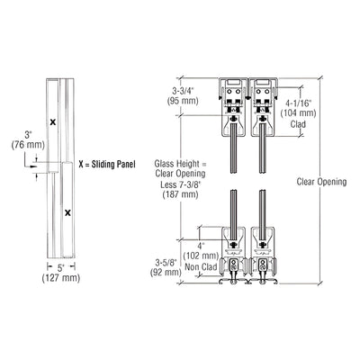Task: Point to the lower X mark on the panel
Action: tap(67, 213)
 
